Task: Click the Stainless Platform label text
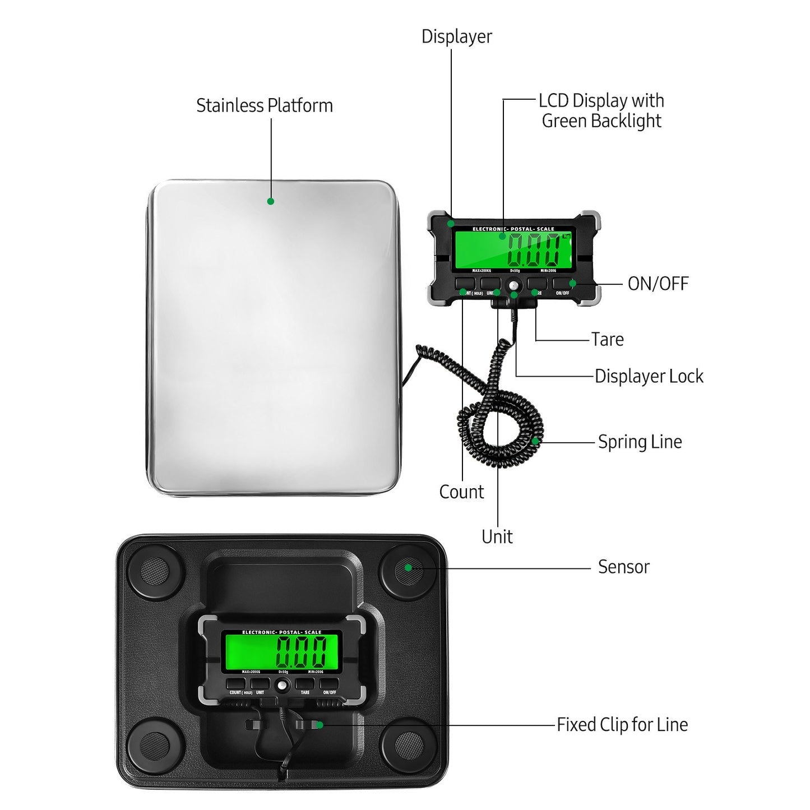(264, 105)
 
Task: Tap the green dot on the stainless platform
(270, 201)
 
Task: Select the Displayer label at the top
(456, 36)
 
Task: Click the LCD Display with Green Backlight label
(601, 110)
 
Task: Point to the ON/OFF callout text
(658, 284)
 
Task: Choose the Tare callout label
(607, 339)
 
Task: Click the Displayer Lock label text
(649, 376)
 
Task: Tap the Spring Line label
(640, 442)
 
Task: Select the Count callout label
(461, 492)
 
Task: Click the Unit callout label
(497, 536)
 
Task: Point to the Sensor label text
(623, 567)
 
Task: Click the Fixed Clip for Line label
(622, 725)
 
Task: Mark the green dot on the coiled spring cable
(535, 441)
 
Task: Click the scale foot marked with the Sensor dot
(408, 571)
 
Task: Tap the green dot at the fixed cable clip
(319, 725)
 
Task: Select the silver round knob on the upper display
(514, 286)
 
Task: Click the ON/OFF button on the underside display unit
(329, 684)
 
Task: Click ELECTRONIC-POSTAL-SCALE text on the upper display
(513, 229)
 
